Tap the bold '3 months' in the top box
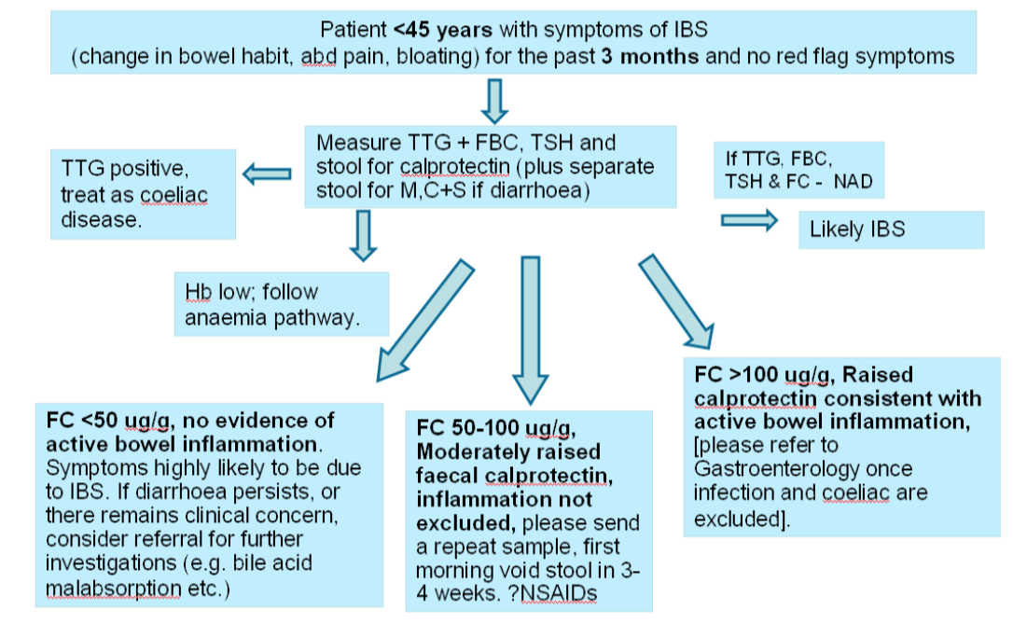click(649, 56)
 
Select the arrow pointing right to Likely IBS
click(749, 220)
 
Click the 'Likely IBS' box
click(890, 229)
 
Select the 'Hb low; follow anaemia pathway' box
click(281, 304)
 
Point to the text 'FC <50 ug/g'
click(102, 421)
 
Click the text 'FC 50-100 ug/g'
click(493, 428)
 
